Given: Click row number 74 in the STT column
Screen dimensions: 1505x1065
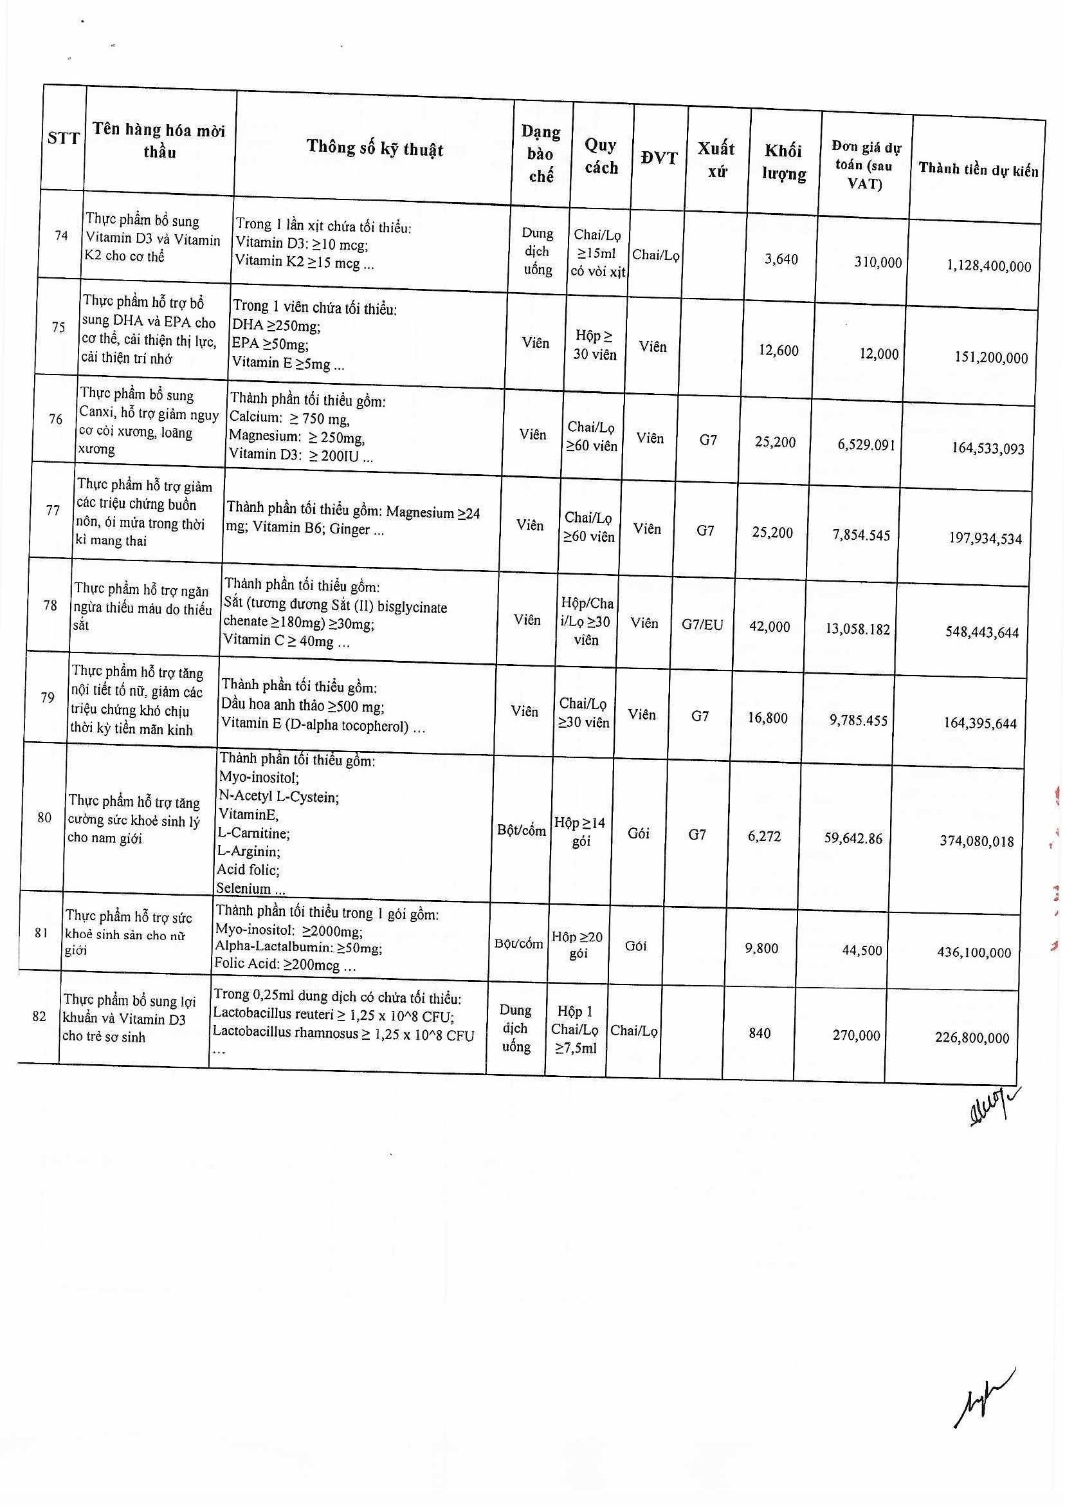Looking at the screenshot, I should tap(62, 235).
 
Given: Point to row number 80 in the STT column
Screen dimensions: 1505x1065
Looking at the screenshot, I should tap(44, 817).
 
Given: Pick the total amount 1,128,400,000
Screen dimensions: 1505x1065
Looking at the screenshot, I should tap(989, 266).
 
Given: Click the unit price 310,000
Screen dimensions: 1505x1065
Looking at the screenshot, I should tap(877, 263).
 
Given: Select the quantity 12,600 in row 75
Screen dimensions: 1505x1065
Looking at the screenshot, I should tap(778, 350).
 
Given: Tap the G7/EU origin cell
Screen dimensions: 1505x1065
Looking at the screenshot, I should tap(702, 625).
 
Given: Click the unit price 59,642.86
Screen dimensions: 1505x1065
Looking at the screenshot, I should tap(853, 838).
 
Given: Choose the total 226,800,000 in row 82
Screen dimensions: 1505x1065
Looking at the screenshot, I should tap(972, 1038).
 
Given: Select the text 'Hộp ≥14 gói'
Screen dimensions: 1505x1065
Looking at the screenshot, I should tap(579, 831).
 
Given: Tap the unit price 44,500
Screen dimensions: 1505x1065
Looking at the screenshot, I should tap(862, 950).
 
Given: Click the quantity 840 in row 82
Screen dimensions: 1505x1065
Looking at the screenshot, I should tap(760, 1033).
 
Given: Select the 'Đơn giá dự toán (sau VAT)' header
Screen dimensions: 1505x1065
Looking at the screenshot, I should tap(865, 165).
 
